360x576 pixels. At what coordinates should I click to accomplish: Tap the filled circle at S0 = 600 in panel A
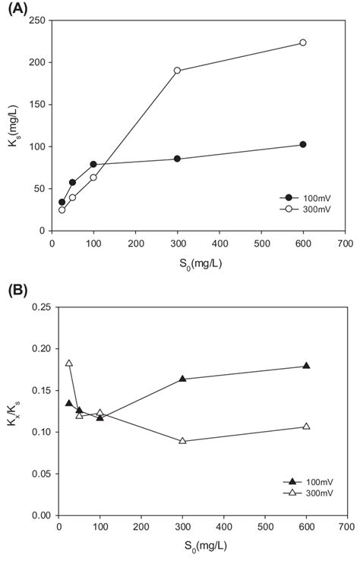(303, 144)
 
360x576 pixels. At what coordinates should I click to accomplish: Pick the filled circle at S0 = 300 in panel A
(177, 159)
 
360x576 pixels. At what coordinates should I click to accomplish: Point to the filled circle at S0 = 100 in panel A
(93, 164)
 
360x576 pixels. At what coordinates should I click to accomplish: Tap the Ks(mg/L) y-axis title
(11, 124)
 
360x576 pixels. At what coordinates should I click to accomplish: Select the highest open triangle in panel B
(69, 364)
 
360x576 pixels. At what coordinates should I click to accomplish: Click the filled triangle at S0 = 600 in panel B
(306, 366)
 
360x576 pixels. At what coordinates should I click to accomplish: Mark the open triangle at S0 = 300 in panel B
(182, 441)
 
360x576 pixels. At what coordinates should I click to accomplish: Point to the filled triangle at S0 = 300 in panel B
(182, 379)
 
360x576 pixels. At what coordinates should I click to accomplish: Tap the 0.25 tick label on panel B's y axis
(39, 307)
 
